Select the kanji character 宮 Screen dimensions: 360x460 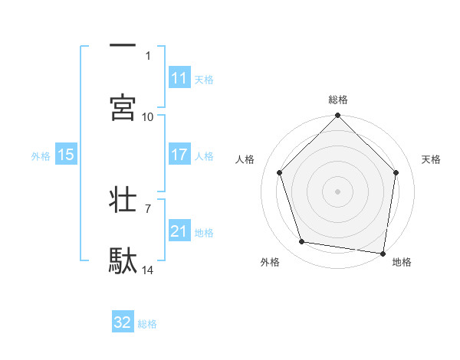(123, 107)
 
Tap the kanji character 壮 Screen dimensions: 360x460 (123, 200)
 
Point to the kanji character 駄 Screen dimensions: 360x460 (123, 260)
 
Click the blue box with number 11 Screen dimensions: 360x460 (179, 78)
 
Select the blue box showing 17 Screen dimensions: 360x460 (179, 155)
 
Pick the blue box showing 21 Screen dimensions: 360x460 (179, 231)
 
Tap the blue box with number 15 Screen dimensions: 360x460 (66, 155)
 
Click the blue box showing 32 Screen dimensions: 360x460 (123, 322)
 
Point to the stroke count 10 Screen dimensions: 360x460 (148, 117)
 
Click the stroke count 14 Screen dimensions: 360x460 (148, 270)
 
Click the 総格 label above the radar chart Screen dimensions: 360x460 (338, 100)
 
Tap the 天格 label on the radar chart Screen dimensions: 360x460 (431, 159)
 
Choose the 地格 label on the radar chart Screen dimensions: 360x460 (402, 262)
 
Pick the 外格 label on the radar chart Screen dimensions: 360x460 (270, 262)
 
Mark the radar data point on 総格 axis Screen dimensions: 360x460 (338, 116)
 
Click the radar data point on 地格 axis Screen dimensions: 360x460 (383, 253)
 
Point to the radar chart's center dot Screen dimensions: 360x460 (338, 191)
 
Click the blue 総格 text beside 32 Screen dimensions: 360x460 (147, 324)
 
